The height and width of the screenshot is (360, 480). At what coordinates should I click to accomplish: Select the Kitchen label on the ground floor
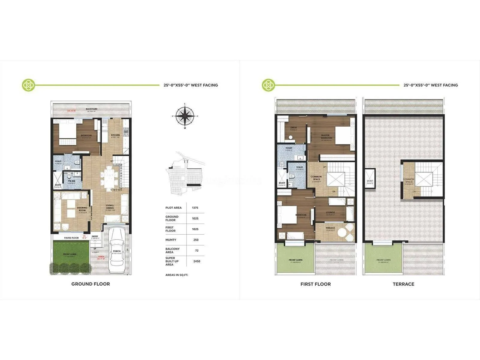[115, 135]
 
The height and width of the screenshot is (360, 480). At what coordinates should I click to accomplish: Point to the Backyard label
[91, 109]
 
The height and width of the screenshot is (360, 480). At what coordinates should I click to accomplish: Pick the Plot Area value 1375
[195, 208]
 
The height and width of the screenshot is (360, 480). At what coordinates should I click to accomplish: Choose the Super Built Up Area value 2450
[197, 261]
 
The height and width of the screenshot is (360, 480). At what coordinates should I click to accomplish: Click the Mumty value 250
[196, 240]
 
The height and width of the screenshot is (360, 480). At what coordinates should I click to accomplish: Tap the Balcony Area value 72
[197, 250]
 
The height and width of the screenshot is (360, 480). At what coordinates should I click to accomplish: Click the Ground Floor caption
[91, 284]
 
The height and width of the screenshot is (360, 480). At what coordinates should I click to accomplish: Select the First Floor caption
[316, 284]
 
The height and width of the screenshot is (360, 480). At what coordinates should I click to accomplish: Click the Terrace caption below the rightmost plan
[403, 284]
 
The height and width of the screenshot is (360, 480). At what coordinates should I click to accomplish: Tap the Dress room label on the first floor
[293, 128]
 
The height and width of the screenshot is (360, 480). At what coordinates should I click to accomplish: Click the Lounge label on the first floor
[330, 213]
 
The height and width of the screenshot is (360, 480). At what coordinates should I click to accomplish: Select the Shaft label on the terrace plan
[370, 181]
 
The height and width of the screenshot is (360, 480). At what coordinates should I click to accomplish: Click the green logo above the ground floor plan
[28, 85]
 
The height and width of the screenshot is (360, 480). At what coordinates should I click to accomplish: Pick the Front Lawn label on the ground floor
[70, 254]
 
